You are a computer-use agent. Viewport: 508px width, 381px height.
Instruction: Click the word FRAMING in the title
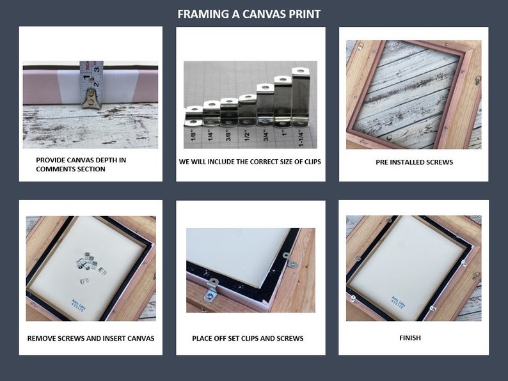pos(199,14)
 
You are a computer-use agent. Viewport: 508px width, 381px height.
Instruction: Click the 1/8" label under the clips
pos(193,135)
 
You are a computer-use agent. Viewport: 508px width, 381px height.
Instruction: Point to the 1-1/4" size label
pos(301,135)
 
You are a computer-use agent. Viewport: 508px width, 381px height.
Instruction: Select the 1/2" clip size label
pos(247,135)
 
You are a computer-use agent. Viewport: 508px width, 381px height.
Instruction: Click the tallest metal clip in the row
pos(301,96)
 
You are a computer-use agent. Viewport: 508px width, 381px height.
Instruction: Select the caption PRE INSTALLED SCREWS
pos(414,162)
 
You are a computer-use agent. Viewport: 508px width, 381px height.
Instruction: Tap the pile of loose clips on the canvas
pos(89,265)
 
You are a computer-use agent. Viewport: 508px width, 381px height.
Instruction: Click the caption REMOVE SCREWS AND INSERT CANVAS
pos(91,338)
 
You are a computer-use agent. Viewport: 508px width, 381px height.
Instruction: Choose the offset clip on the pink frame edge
pos(211,293)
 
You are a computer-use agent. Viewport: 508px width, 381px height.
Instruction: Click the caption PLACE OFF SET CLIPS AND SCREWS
pos(248,338)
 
